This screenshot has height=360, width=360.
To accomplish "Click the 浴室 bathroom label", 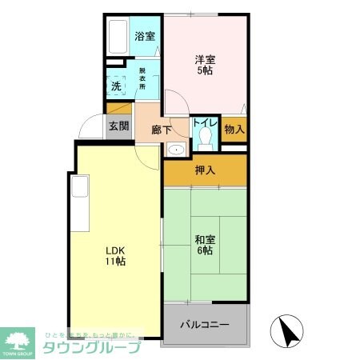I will click(144, 36).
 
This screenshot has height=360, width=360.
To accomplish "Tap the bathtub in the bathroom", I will click(118, 36).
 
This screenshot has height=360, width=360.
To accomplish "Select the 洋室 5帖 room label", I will click(206, 63).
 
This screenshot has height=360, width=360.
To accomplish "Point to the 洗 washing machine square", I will click(116, 86).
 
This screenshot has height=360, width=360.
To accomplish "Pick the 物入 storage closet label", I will click(234, 129).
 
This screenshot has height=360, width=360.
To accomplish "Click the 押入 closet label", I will click(206, 170).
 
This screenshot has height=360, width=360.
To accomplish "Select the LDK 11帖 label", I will click(116, 254).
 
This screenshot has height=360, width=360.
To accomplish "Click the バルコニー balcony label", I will click(205, 326).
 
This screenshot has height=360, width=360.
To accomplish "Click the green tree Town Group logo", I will click(18, 339).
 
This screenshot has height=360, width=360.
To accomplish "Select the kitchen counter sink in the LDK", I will click(79, 187).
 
